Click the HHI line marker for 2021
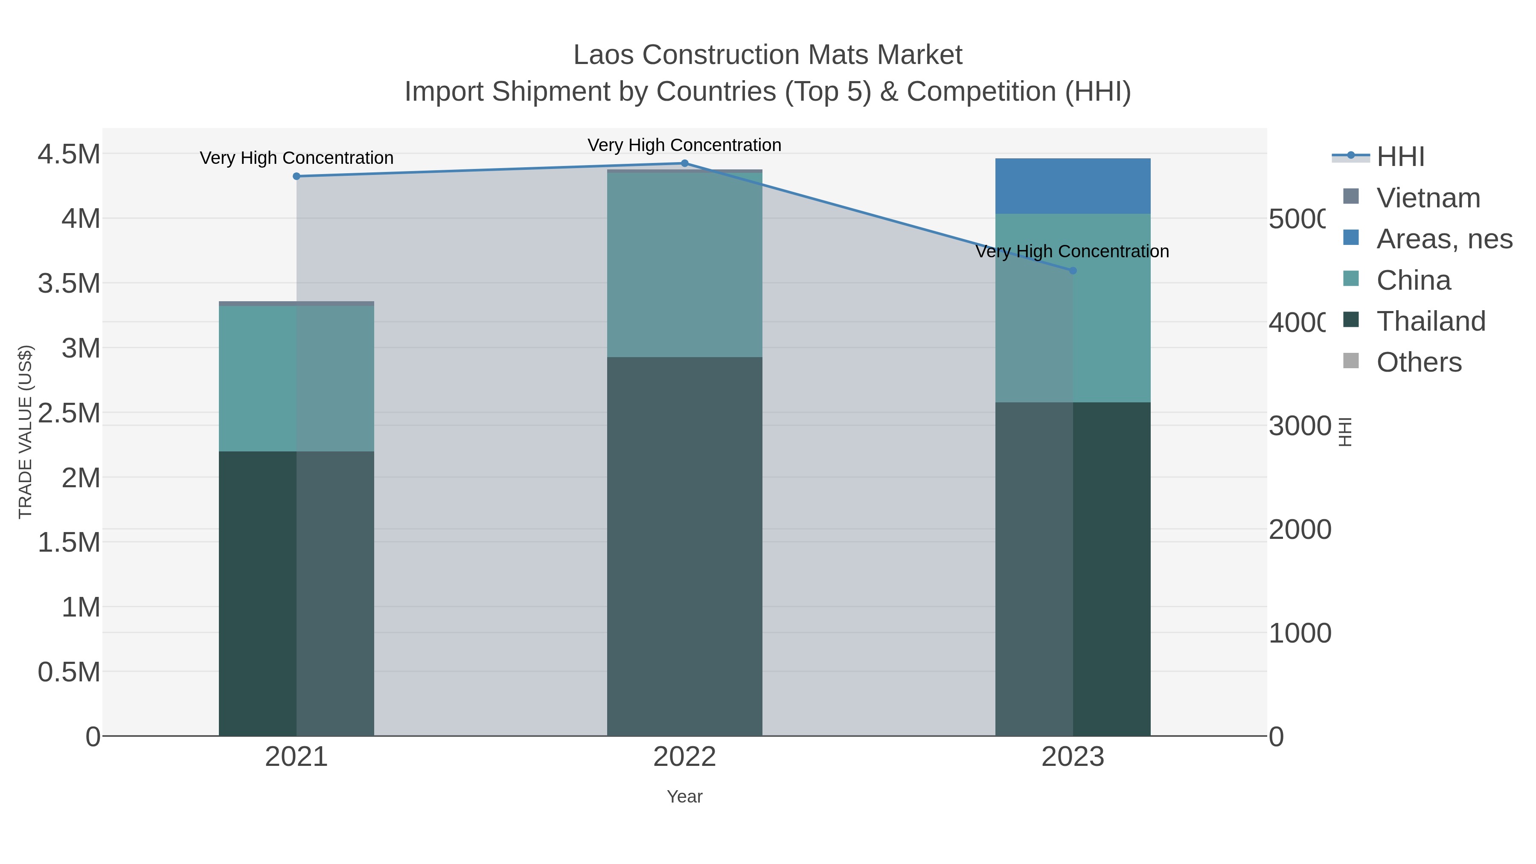coord(297,176)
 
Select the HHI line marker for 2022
coord(684,163)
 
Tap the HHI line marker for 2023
coord(1073,271)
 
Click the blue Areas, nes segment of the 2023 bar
coord(1073,186)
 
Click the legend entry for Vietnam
coord(1428,198)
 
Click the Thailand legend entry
coord(1431,321)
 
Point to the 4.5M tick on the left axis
coord(69,154)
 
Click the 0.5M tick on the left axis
coord(69,672)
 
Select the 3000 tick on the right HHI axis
coord(1300,426)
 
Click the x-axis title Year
coord(684,797)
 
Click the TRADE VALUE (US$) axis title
coord(26,432)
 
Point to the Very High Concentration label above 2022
coord(684,145)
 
